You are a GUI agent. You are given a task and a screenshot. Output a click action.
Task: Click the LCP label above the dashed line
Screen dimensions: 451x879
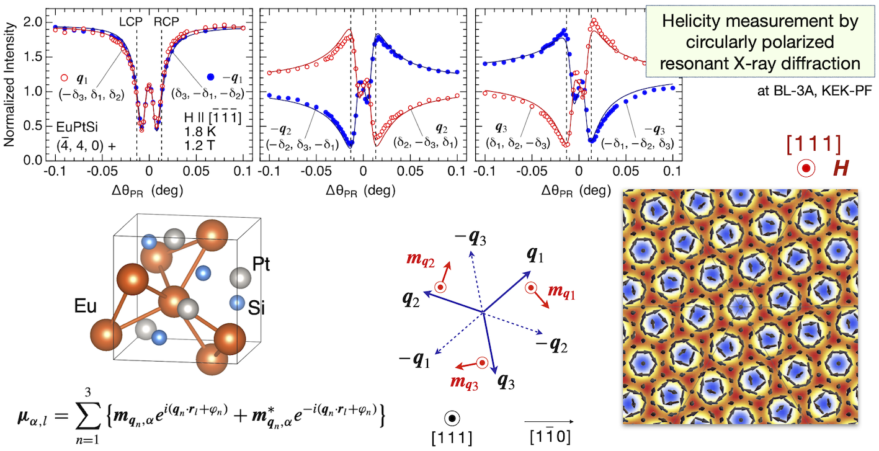click(130, 20)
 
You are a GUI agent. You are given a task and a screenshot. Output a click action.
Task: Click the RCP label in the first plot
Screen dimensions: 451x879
click(166, 20)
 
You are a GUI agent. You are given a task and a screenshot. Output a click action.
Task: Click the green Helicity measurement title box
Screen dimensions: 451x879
click(760, 43)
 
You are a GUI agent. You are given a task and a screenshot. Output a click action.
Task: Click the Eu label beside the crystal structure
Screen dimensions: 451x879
click(84, 305)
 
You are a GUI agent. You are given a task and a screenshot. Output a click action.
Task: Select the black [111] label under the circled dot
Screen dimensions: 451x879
click(452, 437)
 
